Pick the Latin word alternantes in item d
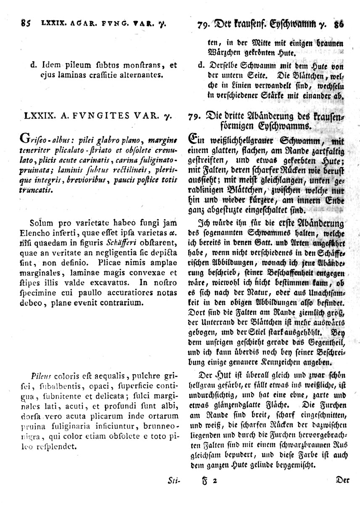pos(139,75)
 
